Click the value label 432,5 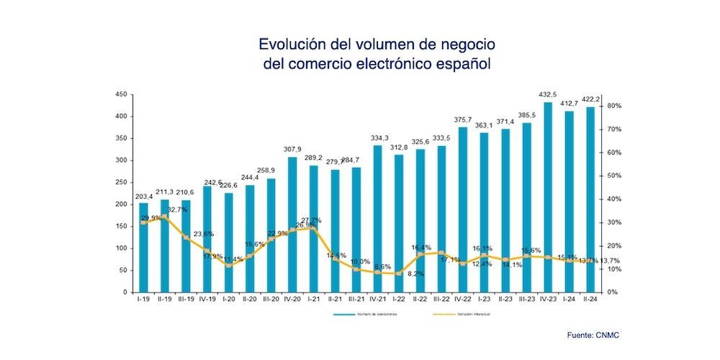point(548,95)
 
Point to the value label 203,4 point(143,196)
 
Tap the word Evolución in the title point(291,44)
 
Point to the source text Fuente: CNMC point(593,334)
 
